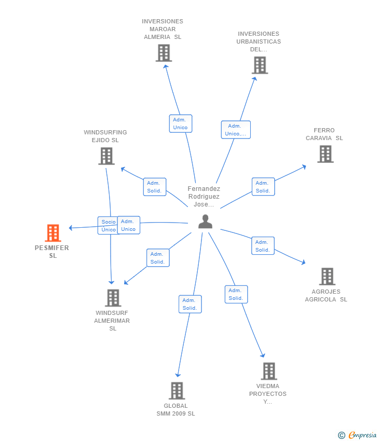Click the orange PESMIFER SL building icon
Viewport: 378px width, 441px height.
pos(53,233)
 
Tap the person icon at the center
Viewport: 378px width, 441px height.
pos(205,222)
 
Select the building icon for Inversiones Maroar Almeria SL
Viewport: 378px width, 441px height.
pos(164,53)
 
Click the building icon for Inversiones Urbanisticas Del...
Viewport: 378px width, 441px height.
pos(260,65)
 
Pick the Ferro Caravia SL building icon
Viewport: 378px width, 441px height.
pos(326,154)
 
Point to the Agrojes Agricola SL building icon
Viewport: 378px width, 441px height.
pos(327,277)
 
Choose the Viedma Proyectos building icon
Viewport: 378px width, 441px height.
pos(269,371)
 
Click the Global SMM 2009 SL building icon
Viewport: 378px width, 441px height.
pos(177,391)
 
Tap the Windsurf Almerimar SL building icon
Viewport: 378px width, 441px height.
pos(113,298)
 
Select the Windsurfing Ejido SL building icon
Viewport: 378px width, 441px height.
pos(106,156)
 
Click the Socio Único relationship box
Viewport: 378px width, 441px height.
pos(108,226)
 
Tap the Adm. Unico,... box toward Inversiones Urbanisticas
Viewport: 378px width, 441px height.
pos(236,130)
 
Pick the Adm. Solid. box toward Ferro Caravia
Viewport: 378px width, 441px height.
pos(263,187)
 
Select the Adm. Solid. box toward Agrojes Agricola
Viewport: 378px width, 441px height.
pos(263,246)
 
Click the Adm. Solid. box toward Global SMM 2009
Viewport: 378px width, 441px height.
pos(190,304)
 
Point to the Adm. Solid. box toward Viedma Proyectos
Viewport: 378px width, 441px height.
pos(236,294)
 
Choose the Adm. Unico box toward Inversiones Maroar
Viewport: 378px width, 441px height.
pos(181,123)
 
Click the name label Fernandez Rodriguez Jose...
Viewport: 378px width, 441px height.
pos(204,196)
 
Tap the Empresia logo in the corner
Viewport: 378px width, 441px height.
pos(357,435)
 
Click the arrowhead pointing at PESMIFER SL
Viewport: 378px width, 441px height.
pos(71,228)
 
